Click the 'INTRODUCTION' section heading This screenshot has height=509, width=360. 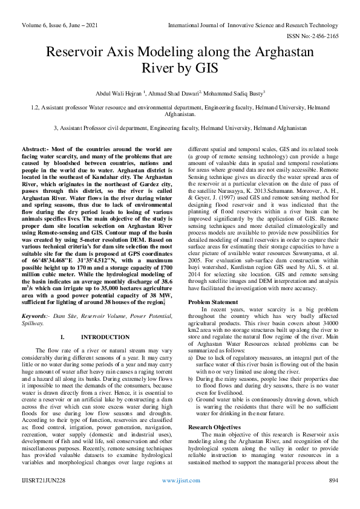tap(105, 337)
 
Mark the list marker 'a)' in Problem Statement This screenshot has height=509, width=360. tap(192, 358)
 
